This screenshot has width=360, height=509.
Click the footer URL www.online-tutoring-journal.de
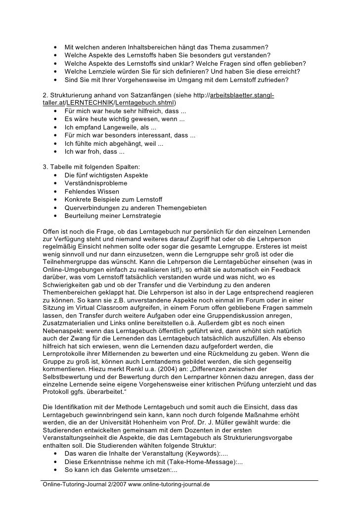tap(169, 484)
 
